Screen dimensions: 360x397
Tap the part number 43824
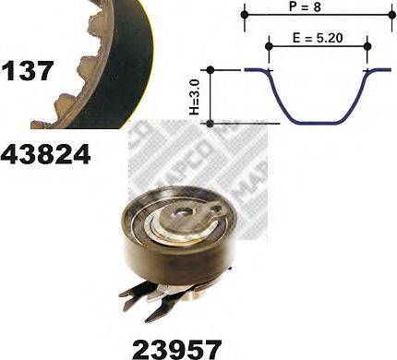click(x=46, y=153)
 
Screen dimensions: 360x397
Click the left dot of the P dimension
click(x=245, y=14)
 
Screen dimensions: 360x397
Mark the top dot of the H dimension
click(x=211, y=69)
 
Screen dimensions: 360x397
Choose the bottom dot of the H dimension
click(x=211, y=122)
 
